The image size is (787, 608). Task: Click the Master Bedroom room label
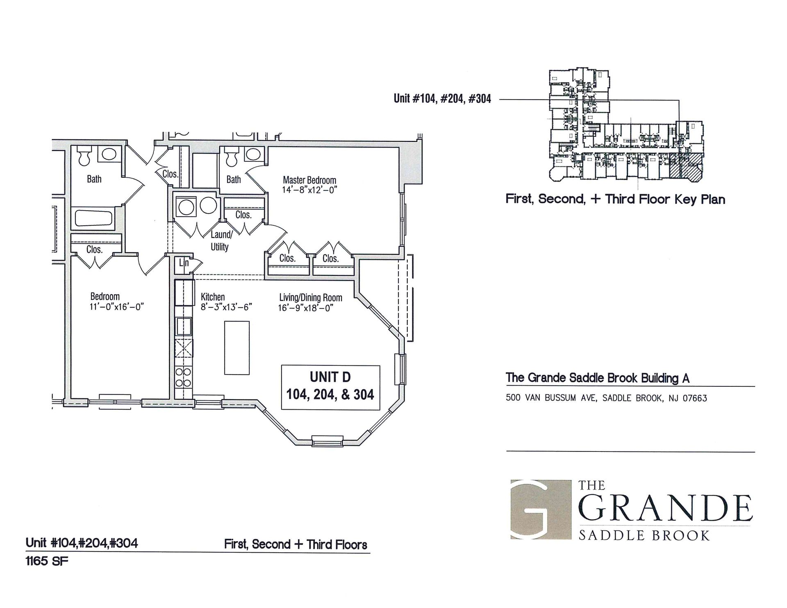(x=309, y=180)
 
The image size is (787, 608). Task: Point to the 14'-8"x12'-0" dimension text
(x=309, y=190)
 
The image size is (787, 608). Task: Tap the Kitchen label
(x=213, y=297)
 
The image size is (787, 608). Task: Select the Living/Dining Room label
(x=311, y=297)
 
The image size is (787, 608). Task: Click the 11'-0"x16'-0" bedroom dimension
(x=116, y=306)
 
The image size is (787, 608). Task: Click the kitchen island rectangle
(x=237, y=347)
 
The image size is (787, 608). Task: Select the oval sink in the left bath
(x=109, y=154)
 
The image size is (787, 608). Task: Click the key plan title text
(x=615, y=200)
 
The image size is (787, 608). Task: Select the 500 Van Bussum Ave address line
(x=606, y=398)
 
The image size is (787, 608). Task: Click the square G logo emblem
(x=541, y=509)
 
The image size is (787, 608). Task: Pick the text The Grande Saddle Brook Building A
(x=597, y=378)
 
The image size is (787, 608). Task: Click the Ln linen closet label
(x=184, y=263)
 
